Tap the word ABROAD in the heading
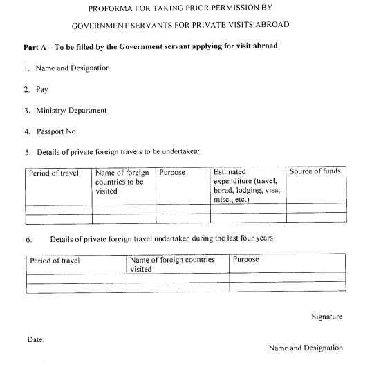(x=270, y=25)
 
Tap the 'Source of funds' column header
(x=315, y=171)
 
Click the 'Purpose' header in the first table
(x=172, y=172)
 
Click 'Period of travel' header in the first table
(x=54, y=172)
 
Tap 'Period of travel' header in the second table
(x=55, y=261)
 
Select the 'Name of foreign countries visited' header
(x=172, y=265)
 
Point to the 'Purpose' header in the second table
(x=246, y=260)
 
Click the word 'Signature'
(x=326, y=317)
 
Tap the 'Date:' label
(x=36, y=340)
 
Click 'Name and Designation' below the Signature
(x=305, y=348)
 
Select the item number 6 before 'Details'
(x=29, y=239)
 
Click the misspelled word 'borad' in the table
(x=224, y=190)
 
